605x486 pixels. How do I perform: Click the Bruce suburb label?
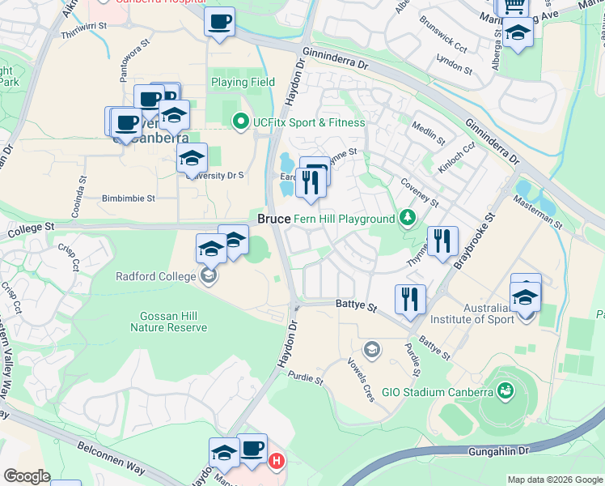point(274,220)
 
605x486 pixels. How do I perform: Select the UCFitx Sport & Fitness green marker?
point(240,122)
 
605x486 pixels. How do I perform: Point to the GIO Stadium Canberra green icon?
point(506,392)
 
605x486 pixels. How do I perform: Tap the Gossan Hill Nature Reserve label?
point(169,322)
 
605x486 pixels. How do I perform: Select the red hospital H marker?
point(277,462)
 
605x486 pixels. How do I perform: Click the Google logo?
point(27,475)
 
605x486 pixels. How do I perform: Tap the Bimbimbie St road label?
point(127,198)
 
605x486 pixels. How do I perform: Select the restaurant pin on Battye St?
point(410,299)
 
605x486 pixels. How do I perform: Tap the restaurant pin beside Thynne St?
point(443,241)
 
